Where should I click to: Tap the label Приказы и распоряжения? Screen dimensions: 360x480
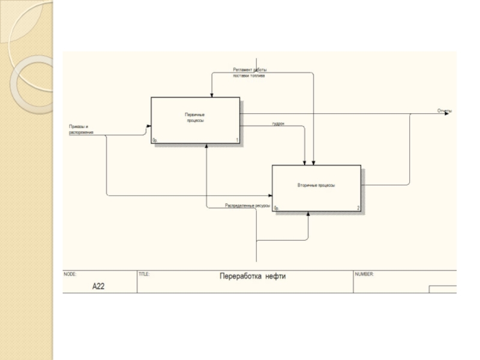pos(81,129)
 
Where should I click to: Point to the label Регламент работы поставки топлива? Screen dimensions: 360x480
pos(249,73)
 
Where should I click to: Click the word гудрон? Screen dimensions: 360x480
pos(278,124)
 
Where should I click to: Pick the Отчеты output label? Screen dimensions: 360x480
pos(444,110)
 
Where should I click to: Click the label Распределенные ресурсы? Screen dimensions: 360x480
pos(247,205)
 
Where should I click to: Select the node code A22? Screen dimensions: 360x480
pos(98,287)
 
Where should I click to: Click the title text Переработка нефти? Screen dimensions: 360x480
pos(253,276)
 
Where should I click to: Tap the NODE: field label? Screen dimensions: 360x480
pos(70,274)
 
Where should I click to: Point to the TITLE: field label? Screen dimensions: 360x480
pos(144,274)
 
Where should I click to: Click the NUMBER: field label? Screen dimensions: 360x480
pos(364,274)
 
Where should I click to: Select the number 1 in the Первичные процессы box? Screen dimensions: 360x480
pos(237,140)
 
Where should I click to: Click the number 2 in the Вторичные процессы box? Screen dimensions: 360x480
pos(358,208)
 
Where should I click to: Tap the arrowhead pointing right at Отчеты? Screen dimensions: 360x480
pos(446,113)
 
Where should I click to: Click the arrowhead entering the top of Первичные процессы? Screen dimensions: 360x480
pos(211,95)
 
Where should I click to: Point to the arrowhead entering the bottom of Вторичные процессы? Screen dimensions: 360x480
pos(308,215)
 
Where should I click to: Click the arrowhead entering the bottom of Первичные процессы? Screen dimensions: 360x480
pos(206,146)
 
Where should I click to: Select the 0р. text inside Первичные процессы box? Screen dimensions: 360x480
pos(155,140)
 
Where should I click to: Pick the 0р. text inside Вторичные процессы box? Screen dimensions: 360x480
pos(277,208)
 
